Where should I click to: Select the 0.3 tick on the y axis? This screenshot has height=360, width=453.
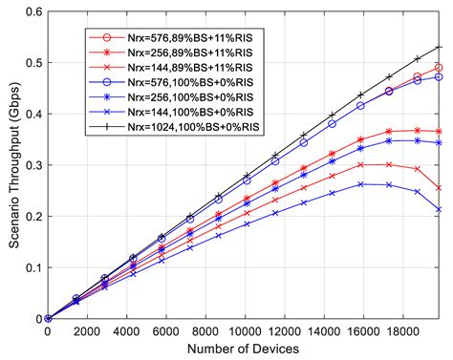click(32, 164)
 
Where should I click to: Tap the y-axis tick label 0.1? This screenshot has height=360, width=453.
click(32, 267)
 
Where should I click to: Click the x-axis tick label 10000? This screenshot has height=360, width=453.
click(245, 330)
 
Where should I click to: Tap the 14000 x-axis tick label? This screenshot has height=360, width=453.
click(324, 330)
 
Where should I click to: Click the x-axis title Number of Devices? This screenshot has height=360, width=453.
click(243, 349)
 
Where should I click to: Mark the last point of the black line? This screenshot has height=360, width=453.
click(439, 47)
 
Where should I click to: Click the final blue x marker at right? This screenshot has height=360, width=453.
click(439, 209)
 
